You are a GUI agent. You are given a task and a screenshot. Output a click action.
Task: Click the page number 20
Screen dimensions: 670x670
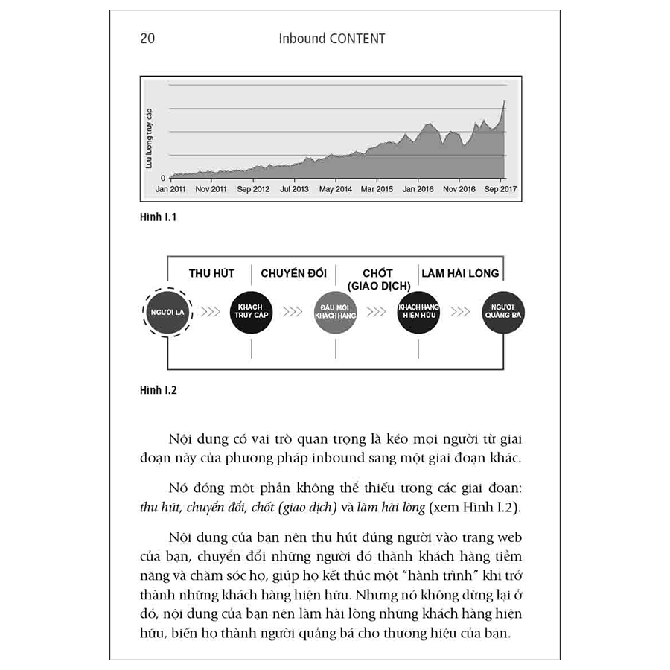pyautogui.click(x=147, y=39)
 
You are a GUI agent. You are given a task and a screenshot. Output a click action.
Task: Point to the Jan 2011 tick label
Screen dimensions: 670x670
pyautogui.click(x=170, y=189)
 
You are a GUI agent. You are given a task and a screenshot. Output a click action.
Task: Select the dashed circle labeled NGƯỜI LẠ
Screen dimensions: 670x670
pyautogui.click(x=167, y=311)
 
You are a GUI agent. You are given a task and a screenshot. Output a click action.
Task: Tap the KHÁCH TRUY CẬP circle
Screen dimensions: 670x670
pyautogui.click(x=252, y=311)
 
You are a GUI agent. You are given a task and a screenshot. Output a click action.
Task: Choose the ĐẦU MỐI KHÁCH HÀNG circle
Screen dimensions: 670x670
pyautogui.click(x=335, y=311)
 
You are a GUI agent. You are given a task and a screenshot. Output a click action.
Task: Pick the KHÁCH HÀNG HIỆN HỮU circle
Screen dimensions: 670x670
pyautogui.click(x=418, y=311)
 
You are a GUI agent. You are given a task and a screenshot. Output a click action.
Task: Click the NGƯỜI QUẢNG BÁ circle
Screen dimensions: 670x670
pyautogui.click(x=502, y=311)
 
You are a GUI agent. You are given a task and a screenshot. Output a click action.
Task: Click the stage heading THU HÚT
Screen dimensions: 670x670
pyautogui.click(x=211, y=273)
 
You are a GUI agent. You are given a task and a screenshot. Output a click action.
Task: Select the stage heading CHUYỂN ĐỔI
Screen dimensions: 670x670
pyautogui.click(x=293, y=273)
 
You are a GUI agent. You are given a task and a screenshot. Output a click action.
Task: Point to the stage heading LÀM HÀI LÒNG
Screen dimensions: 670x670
pyautogui.click(x=460, y=273)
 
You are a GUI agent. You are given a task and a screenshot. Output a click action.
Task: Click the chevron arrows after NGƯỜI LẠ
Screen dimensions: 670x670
pyautogui.click(x=211, y=311)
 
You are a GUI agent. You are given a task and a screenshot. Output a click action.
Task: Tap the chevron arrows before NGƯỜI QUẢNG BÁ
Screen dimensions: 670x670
pyautogui.click(x=461, y=311)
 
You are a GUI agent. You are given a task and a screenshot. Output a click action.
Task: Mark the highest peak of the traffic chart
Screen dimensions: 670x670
pyautogui.click(x=505, y=100)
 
